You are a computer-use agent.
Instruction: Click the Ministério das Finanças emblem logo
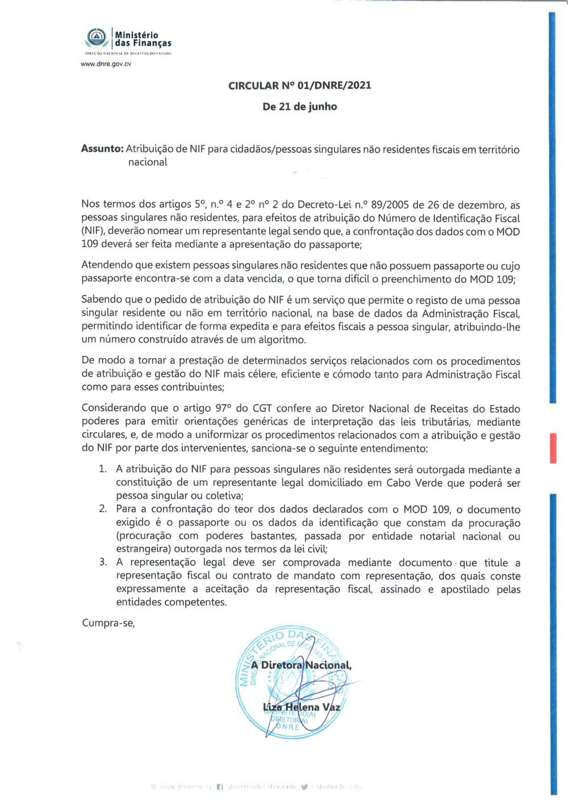97,38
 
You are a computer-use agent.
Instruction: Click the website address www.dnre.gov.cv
106,64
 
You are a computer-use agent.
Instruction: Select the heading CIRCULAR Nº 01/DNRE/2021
299,86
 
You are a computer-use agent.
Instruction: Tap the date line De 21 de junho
299,107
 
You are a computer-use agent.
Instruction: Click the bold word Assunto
102,149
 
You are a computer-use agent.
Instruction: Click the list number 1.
102,469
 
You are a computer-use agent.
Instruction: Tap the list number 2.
102,509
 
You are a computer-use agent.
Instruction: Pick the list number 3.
102,563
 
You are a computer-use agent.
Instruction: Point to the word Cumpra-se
108,623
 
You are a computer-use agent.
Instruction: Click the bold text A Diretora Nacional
301,665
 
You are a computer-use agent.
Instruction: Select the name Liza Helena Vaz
302,708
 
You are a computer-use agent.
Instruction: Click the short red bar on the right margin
553,448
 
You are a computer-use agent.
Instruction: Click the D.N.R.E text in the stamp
287,727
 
